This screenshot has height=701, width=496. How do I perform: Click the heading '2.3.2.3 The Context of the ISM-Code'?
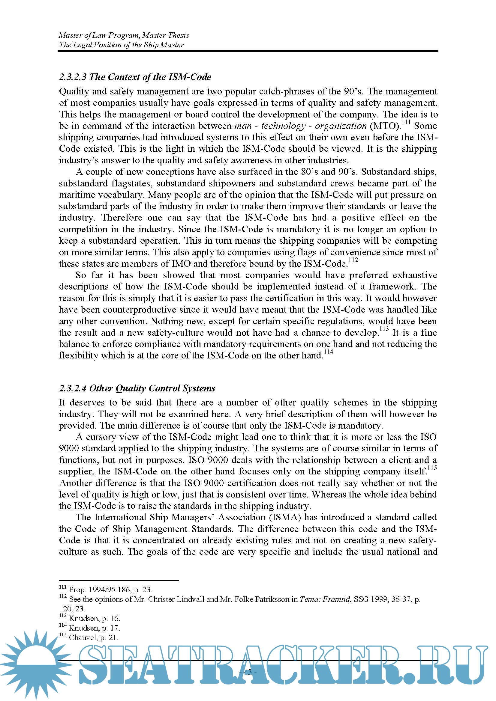pyautogui.click(x=135, y=77)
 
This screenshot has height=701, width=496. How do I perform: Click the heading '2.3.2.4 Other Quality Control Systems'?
pyautogui.click(x=137, y=388)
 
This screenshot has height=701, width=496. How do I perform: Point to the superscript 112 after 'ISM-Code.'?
pyautogui.click(x=353, y=260)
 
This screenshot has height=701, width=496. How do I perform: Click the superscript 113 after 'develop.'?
pyautogui.click(x=384, y=329)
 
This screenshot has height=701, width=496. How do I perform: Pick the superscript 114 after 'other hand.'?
pyautogui.click(x=328, y=352)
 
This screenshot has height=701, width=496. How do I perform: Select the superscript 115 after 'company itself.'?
pyautogui.click(x=432, y=468)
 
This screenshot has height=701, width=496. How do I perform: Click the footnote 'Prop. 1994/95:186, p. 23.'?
pyautogui.click(x=110, y=590)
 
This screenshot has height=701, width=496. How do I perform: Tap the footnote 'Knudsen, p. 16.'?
pyautogui.click(x=95, y=618)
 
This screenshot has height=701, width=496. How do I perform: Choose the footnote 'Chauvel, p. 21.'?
pyautogui.click(x=94, y=637)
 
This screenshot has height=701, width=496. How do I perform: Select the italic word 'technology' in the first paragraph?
pyautogui.click(x=283, y=126)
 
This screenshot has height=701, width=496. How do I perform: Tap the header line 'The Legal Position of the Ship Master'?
pyautogui.click(x=121, y=45)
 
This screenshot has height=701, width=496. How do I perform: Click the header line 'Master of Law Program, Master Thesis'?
pyautogui.click(x=124, y=35)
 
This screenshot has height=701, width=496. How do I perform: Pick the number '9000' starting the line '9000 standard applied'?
pyautogui.click(x=69, y=449)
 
